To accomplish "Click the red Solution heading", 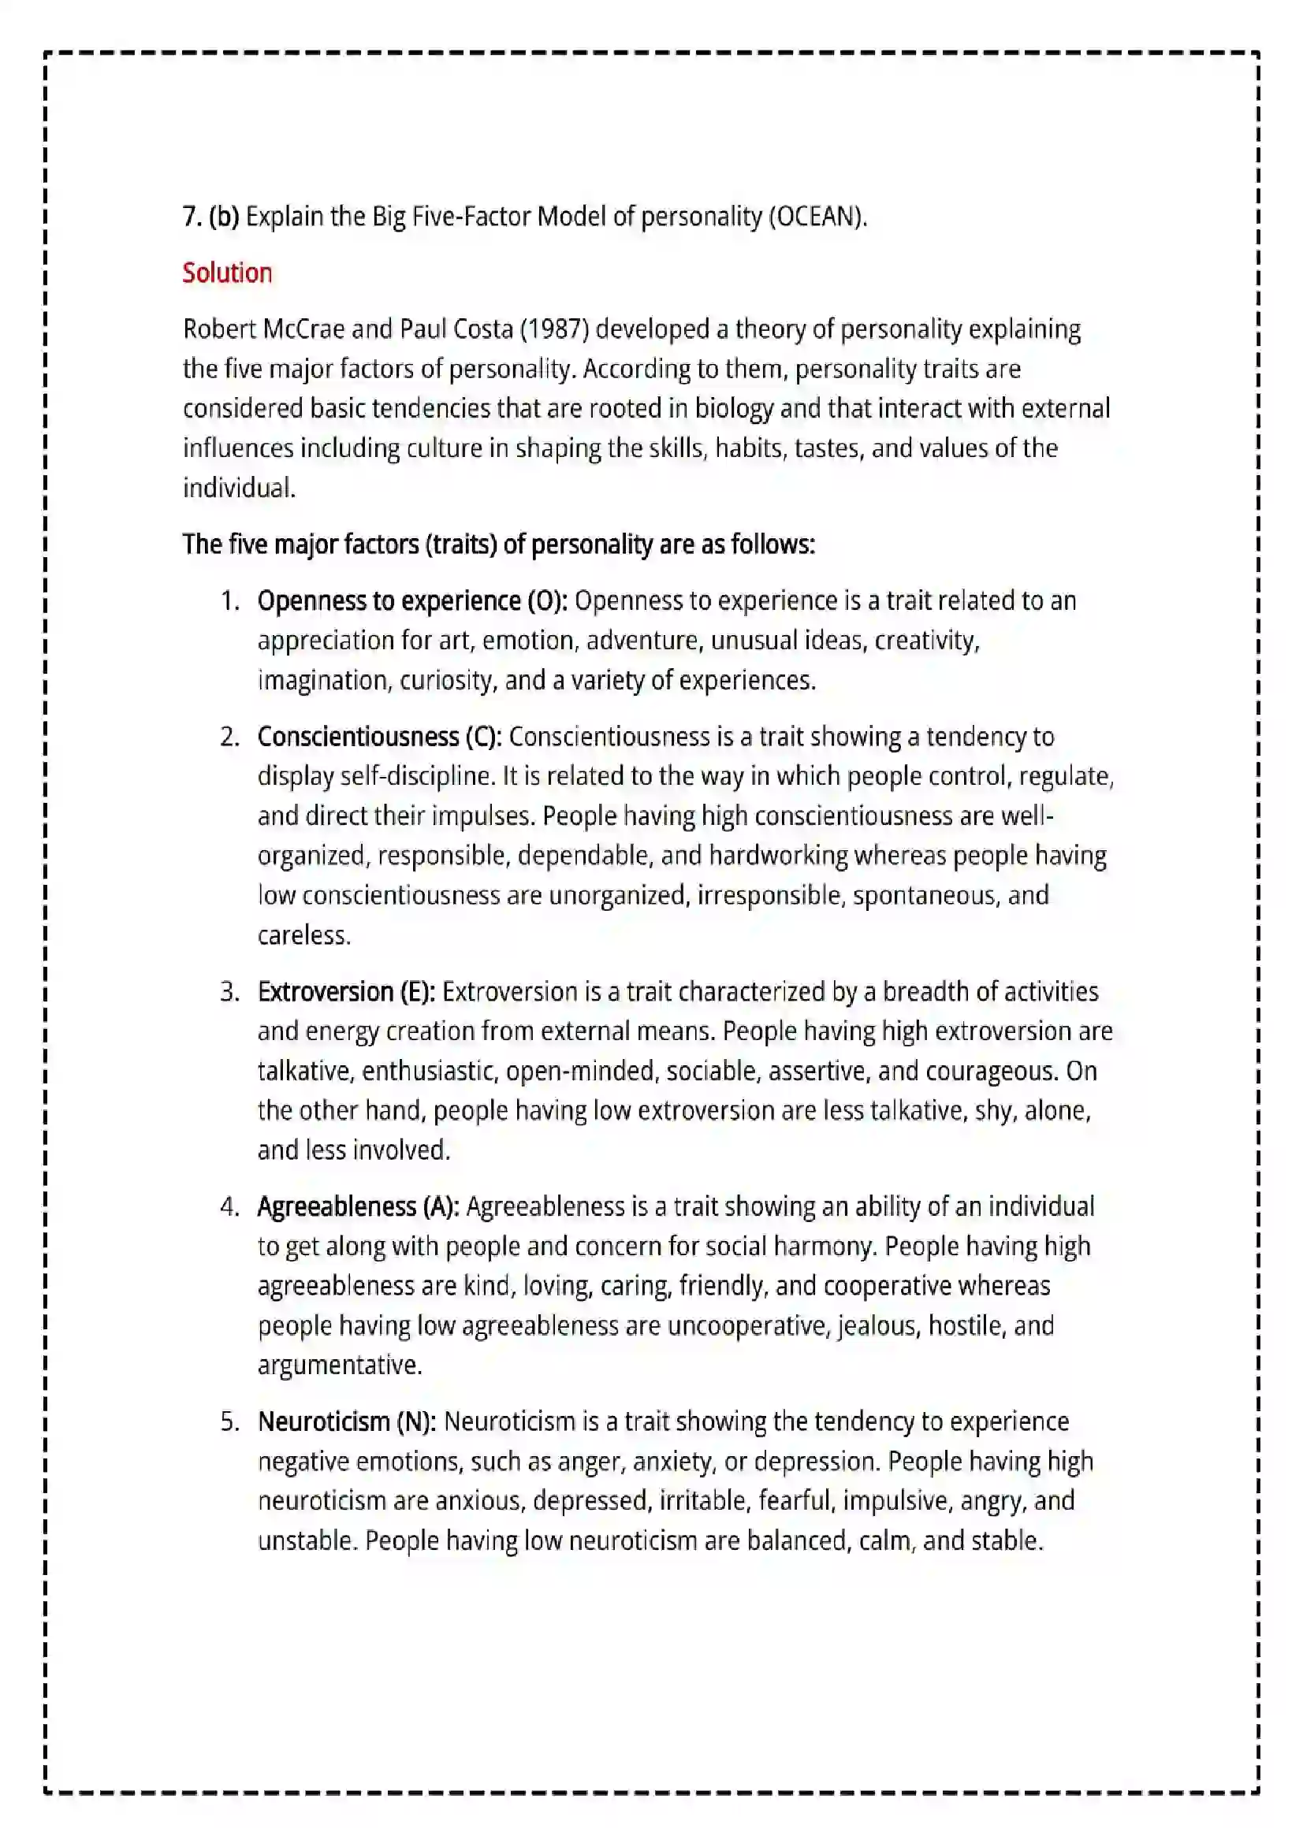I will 227,273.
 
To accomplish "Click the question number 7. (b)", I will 210,217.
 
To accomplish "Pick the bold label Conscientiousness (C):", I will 379,736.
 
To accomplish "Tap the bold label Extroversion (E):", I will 346,991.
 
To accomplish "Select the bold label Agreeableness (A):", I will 358,1206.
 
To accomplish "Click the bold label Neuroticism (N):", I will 347,1421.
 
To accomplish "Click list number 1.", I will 229,600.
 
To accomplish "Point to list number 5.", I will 229,1421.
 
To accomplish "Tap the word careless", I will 303,935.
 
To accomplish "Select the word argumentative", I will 339,1365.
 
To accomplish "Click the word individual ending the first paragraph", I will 238,488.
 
